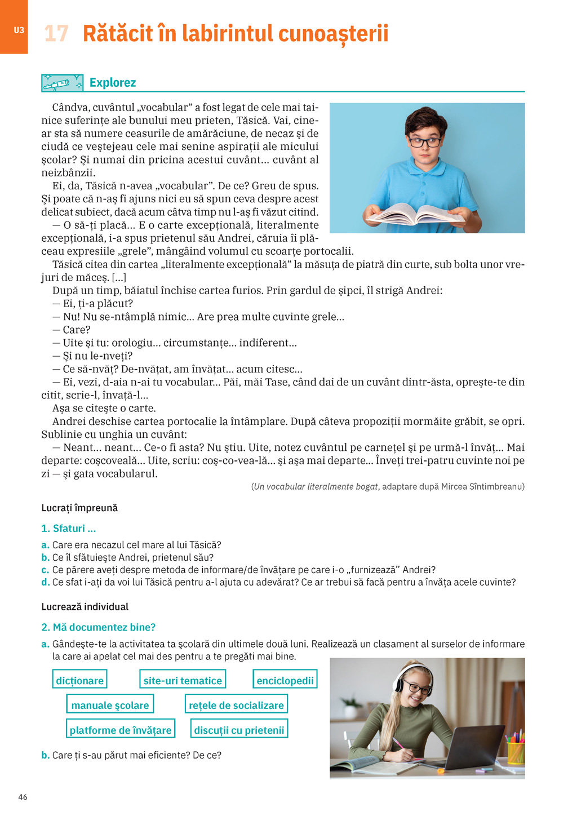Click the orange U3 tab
click(14, 28)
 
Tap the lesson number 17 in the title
click(56, 34)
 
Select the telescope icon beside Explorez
click(62, 83)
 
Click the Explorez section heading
click(113, 83)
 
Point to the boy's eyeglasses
click(425, 142)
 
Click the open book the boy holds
click(416, 214)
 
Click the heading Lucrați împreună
click(79, 508)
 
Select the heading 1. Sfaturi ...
click(69, 528)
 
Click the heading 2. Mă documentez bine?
click(99, 627)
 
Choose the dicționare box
click(79, 680)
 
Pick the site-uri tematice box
click(183, 680)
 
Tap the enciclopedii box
click(285, 680)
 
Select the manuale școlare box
click(110, 704)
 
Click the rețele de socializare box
click(236, 704)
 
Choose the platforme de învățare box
click(121, 729)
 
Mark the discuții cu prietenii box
click(239, 729)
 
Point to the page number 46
click(23, 797)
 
